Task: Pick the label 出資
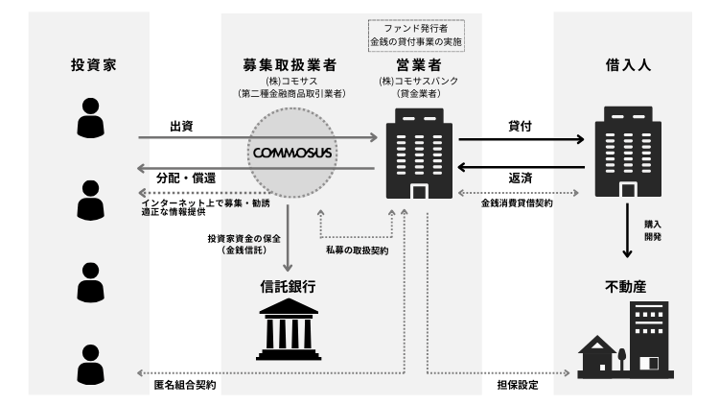pos(182,127)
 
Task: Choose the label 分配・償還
pos(185,179)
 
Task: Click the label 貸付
pos(521,127)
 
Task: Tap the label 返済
pos(521,179)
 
